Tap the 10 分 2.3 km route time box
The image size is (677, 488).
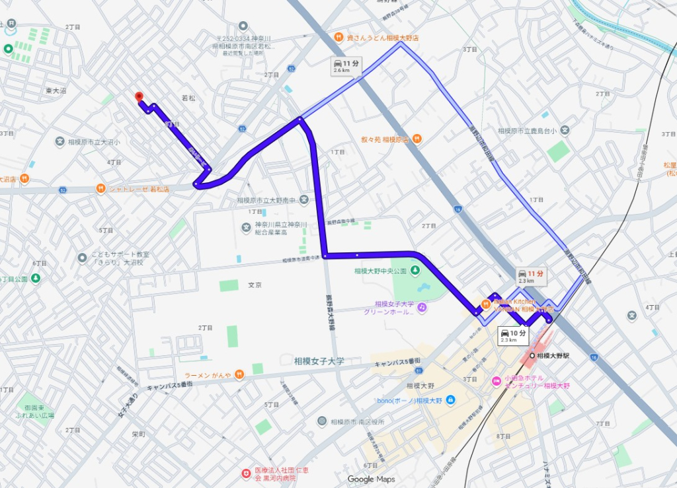(513, 336)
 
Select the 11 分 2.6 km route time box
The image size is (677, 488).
(346, 66)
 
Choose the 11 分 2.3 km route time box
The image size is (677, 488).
(531, 276)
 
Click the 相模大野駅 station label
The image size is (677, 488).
(553, 355)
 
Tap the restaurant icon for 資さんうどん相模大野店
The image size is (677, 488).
(338, 38)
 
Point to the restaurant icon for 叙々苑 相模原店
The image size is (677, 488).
(417, 139)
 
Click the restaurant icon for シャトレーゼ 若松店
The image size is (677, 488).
(100, 188)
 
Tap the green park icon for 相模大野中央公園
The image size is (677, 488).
(415, 271)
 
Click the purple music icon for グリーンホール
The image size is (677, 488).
(421, 308)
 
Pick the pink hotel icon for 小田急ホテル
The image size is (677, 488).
(496, 382)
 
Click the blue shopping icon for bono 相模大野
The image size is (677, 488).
(450, 400)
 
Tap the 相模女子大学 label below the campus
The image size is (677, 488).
(319, 361)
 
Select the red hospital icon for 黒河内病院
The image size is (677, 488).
(246, 473)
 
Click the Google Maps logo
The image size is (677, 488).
(371, 479)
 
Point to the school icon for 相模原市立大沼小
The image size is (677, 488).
(60, 141)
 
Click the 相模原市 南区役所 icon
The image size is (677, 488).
(322, 421)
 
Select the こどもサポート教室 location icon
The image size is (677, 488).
(82, 258)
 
